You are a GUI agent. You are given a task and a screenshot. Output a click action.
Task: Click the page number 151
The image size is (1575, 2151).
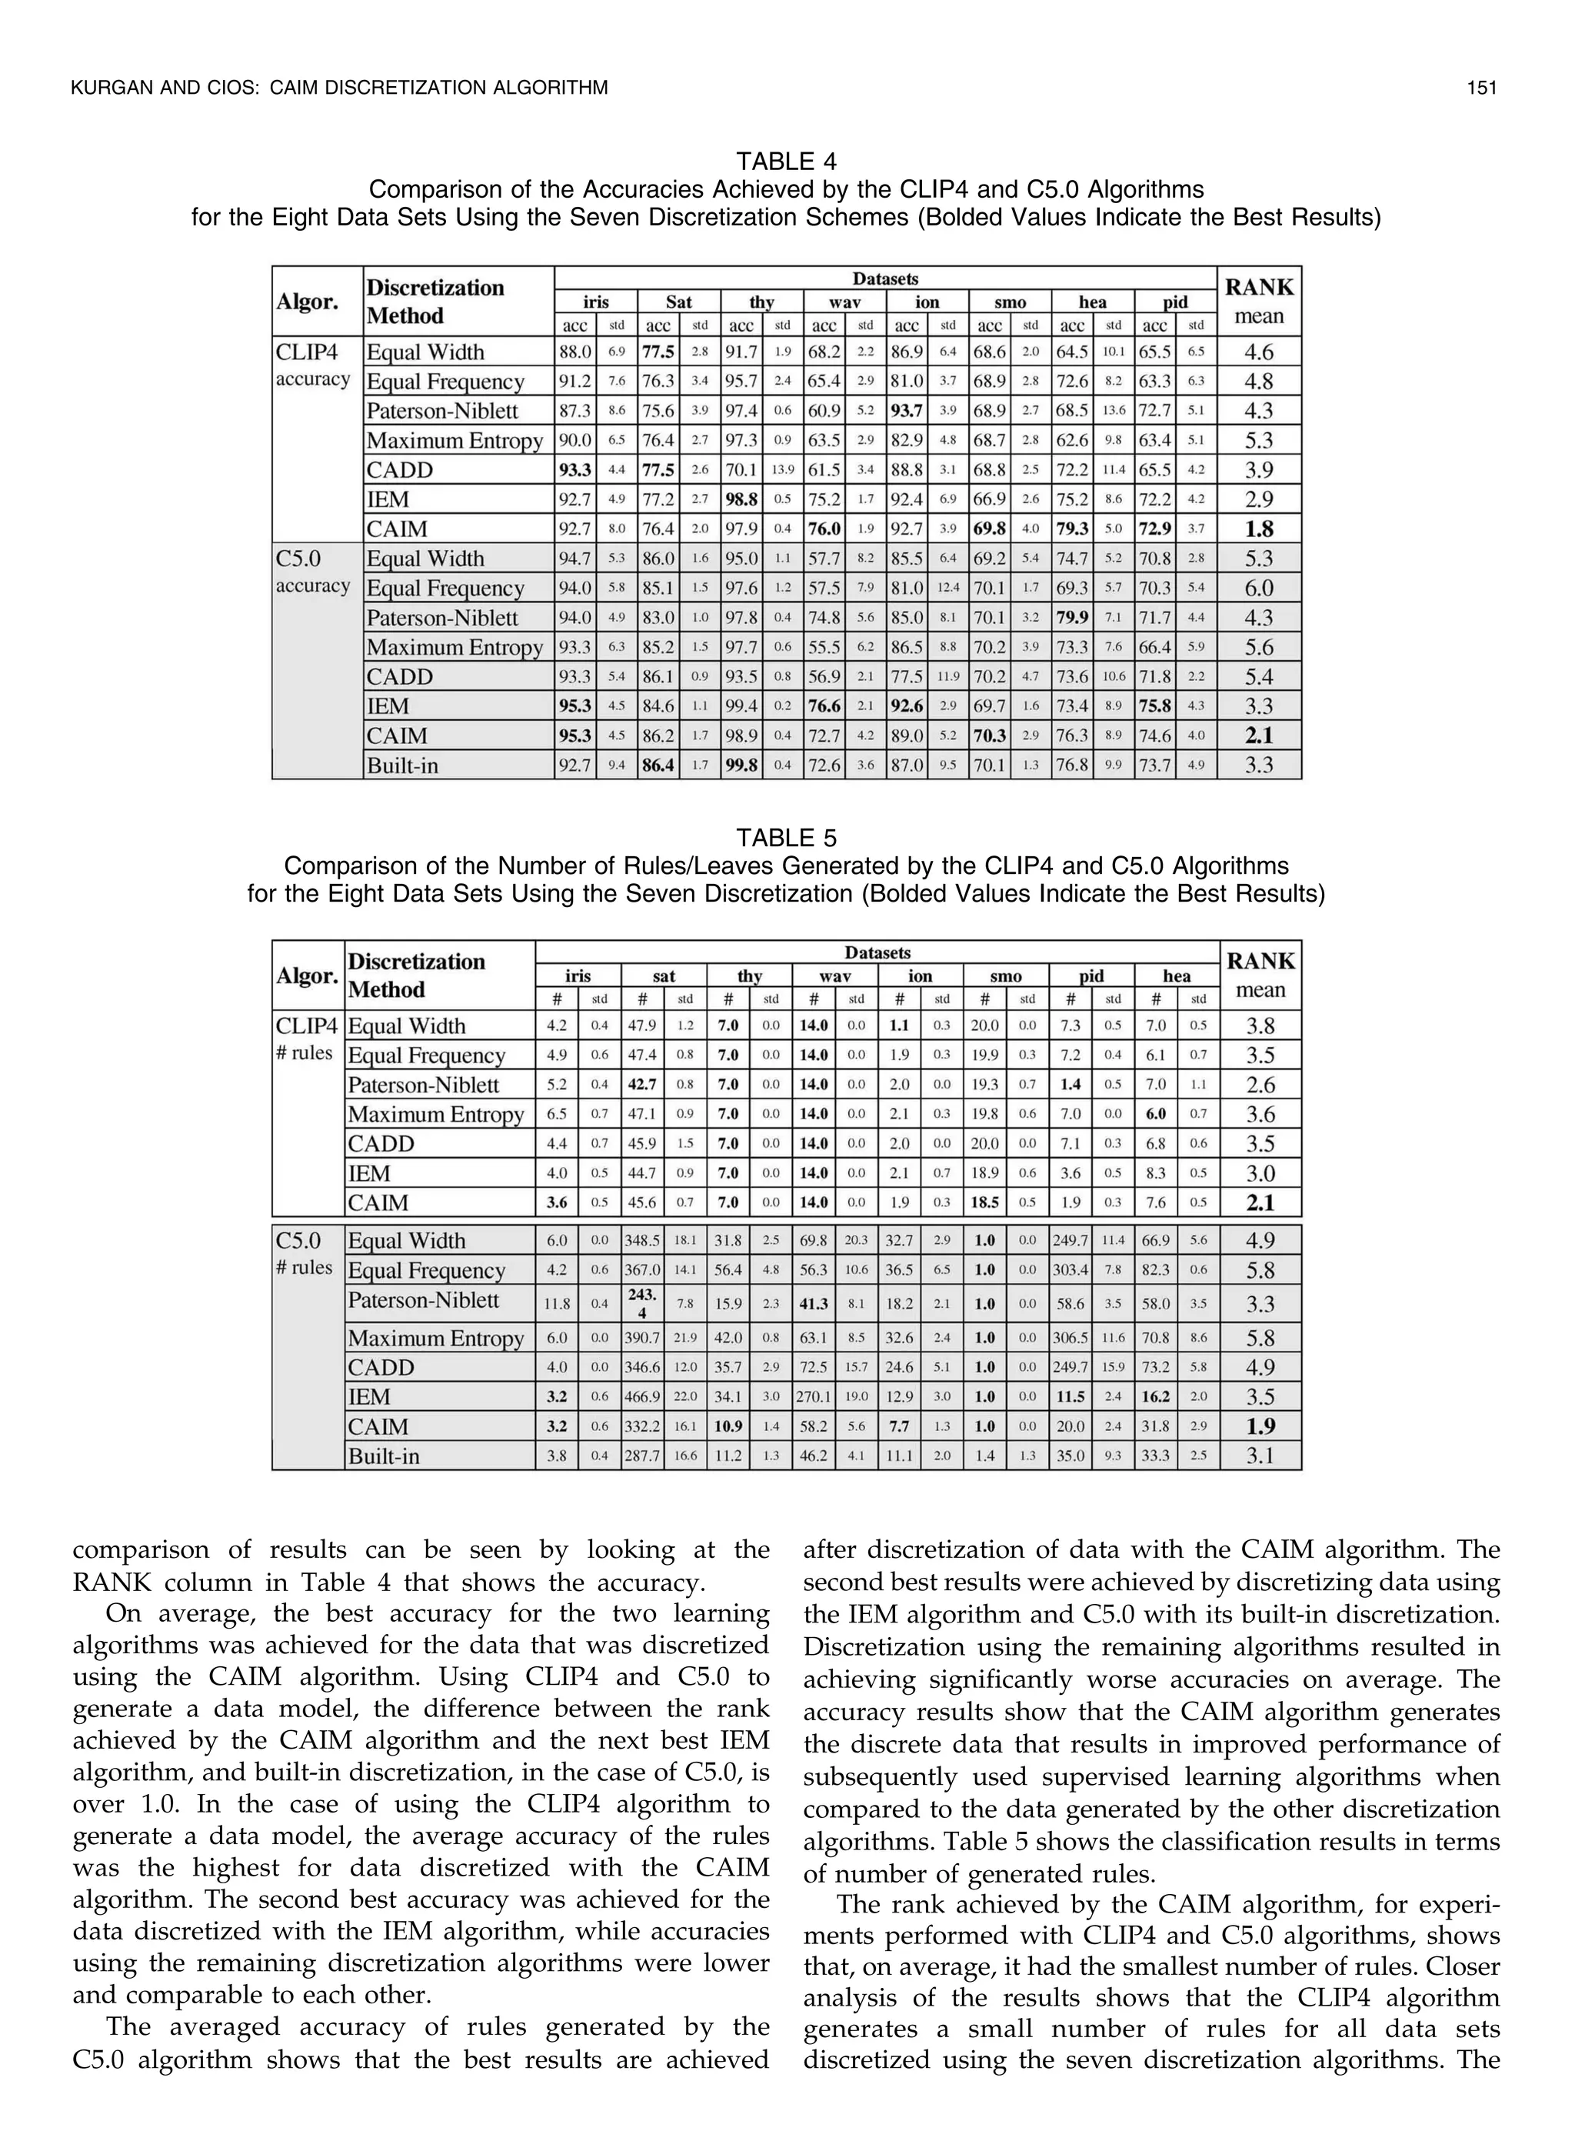pos(1483,88)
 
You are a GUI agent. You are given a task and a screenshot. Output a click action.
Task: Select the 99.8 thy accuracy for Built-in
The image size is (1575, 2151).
pos(741,765)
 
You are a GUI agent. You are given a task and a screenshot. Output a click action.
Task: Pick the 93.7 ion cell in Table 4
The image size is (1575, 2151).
pos(907,411)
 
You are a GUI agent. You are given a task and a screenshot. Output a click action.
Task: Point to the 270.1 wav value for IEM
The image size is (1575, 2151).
pos(813,1397)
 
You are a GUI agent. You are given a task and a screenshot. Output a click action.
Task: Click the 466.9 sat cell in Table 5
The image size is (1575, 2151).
pos(643,1397)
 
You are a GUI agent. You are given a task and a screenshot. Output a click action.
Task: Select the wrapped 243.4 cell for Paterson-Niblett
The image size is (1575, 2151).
pos(643,1303)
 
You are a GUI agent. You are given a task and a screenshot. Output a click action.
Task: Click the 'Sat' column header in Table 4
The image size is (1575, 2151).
pos(679,302)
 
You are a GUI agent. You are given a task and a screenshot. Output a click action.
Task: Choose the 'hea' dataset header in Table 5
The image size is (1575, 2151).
pos(1177,975)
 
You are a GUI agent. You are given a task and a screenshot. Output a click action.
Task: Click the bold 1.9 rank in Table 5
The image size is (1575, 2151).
pos(1260,1426)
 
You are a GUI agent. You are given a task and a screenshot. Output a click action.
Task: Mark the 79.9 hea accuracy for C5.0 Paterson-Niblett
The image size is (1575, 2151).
pos(1073,618)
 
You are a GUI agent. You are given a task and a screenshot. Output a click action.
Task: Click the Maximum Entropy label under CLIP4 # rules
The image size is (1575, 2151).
pos(436,1115)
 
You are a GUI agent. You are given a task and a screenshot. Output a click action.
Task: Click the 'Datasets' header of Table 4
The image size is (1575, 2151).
pos(884,278)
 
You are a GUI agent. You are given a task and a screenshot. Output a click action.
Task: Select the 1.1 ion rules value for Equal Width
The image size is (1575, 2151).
pos(899,1026)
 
